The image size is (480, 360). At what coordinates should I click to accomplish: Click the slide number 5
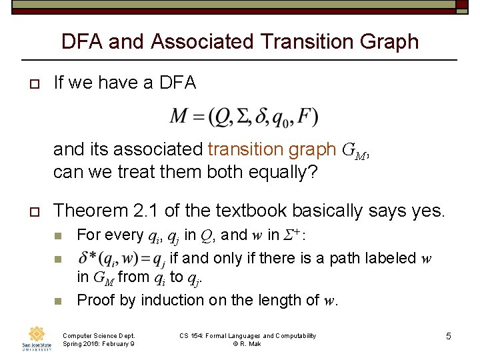tap(448, 336)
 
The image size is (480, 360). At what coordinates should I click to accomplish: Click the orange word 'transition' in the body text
tap(239, 150)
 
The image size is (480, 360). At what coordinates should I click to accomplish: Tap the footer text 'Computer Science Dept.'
tap(98, 335)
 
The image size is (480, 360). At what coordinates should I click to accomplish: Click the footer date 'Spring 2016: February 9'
tap(98, 343)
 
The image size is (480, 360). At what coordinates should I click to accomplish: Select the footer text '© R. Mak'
tap(247, 343)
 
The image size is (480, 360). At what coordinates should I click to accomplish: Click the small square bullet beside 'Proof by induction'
tap(58, 301)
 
